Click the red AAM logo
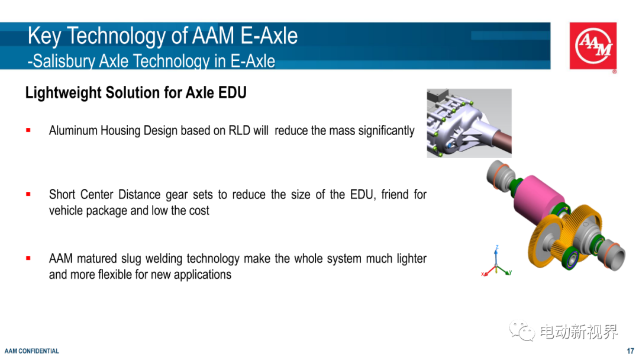(593, 46)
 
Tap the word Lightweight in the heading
(63, 92)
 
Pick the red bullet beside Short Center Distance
(28, 194)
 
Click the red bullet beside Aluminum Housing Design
(28, 130)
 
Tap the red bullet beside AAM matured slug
(28, 258)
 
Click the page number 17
(631, 351)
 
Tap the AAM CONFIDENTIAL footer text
(32, 351)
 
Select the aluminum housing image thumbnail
(469, 123)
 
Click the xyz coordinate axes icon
(496, 262)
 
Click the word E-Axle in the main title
(269, 36)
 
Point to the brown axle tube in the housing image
(501, 141)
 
